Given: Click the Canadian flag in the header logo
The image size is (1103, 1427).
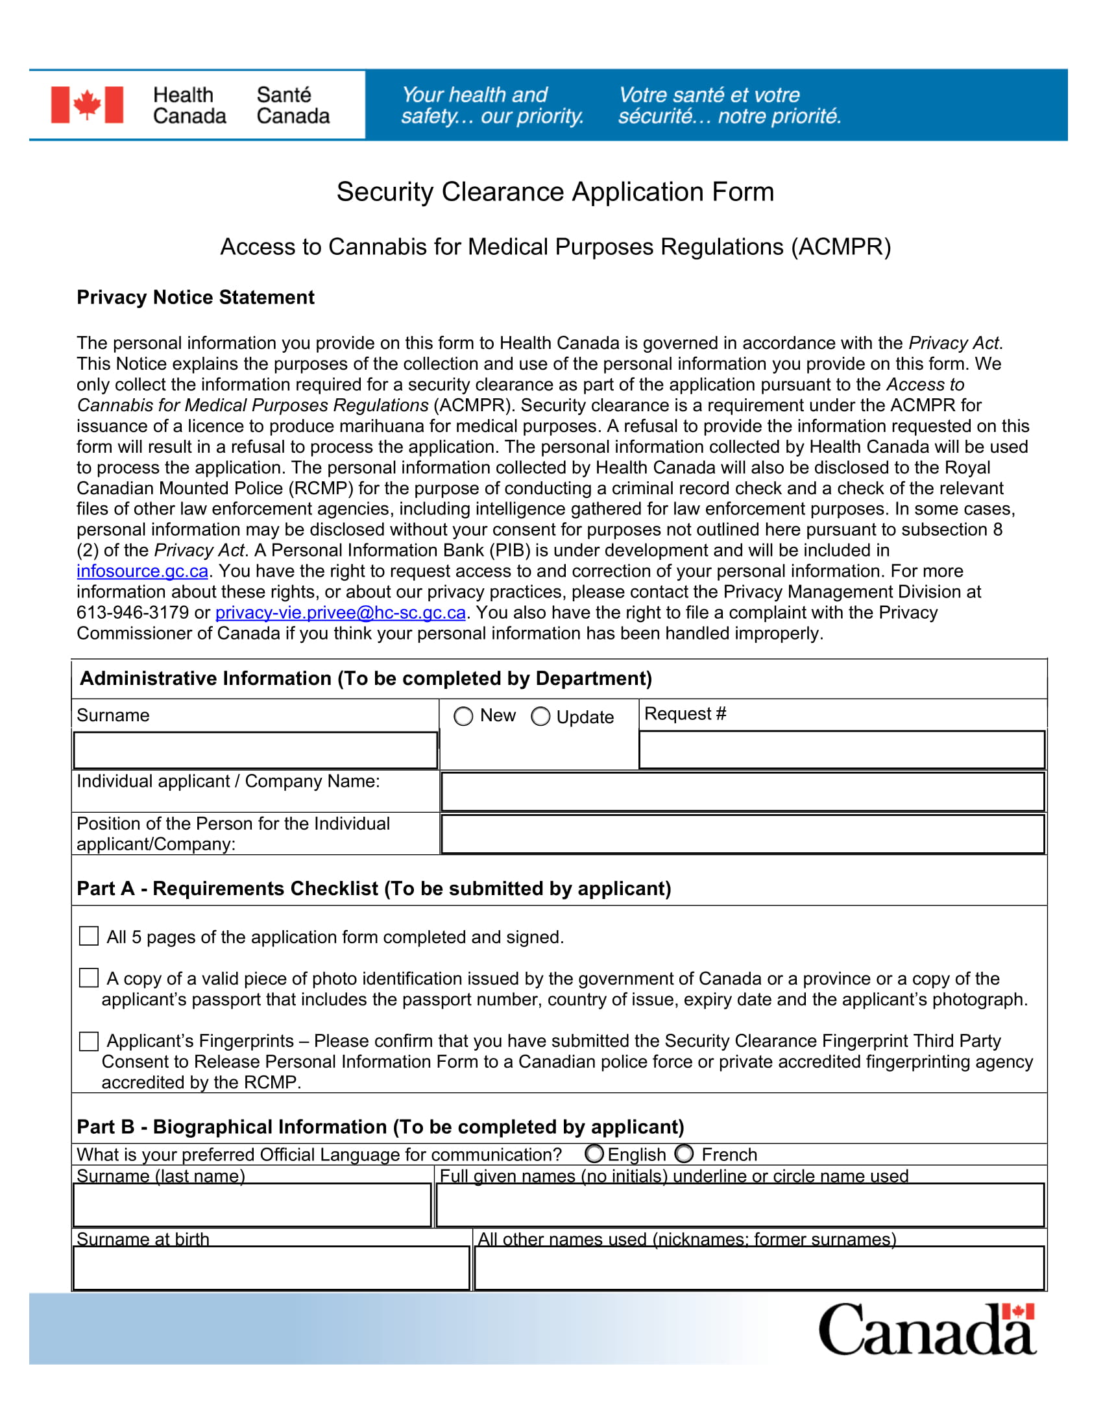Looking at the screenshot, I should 87,104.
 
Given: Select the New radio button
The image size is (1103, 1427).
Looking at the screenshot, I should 463,717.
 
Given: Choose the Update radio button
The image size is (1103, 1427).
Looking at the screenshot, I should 540,717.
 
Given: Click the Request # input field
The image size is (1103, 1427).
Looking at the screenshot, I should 842,749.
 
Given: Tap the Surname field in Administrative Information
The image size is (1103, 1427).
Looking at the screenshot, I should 255,750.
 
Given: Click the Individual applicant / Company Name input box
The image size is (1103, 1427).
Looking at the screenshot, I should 742,792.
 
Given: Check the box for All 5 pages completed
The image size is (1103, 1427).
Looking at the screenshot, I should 89,936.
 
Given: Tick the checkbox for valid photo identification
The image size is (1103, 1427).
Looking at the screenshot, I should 89,978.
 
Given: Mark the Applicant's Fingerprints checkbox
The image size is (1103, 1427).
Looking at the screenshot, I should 89,1041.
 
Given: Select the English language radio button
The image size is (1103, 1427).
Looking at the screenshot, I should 594,1154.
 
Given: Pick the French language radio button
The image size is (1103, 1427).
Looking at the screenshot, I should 684,1154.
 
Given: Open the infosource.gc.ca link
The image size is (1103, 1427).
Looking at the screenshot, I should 143,571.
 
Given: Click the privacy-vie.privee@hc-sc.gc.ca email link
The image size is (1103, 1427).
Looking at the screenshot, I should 341,613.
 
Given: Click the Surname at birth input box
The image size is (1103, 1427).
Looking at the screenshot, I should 271,1267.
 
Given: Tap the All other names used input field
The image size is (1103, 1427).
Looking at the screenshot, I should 758,1267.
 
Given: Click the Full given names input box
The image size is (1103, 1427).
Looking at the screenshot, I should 740,1205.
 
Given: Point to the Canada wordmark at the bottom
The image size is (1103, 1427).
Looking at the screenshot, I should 927,1330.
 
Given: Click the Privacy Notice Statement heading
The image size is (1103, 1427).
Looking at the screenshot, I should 195,297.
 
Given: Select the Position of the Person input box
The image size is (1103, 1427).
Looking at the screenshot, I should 742,833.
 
